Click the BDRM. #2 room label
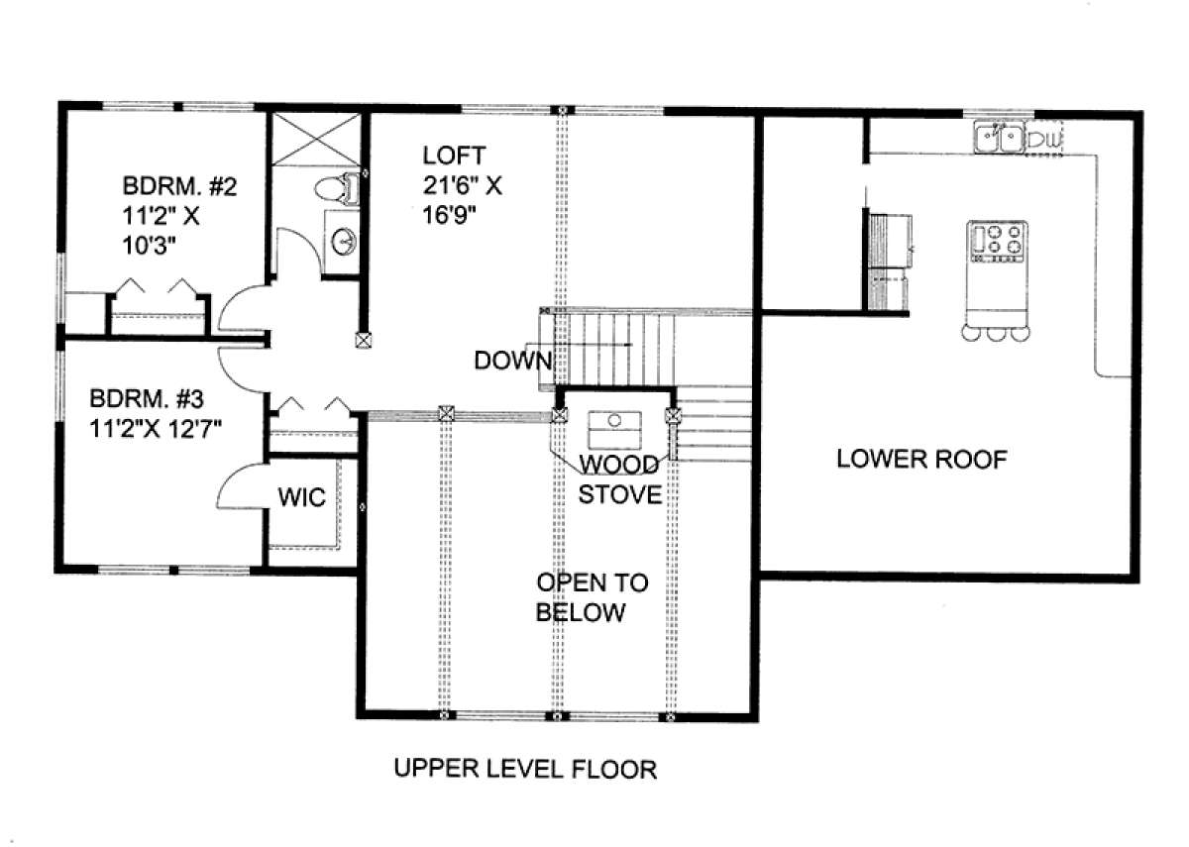179,186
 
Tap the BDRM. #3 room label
147,398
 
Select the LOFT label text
454,156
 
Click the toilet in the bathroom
337,188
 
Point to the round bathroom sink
344,242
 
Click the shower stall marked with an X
316,139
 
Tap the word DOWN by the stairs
513,361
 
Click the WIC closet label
301,497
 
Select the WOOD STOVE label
619,479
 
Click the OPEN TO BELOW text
592,597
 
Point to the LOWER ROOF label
922,459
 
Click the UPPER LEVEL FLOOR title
525,770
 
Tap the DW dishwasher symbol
1044,140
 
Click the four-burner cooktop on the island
997,242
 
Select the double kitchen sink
999,138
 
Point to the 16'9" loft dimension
449,216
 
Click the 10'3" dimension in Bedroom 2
149,246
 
